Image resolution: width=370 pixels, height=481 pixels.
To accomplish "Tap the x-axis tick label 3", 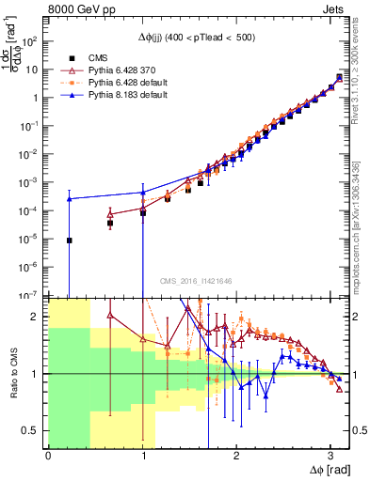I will [x=330, y=453].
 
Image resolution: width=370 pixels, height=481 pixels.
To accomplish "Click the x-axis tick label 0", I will [x=48, y=453].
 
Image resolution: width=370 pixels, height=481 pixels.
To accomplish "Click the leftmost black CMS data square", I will [x=69, y=240].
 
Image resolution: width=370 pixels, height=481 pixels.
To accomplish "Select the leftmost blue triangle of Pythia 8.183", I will [x=69, y=199].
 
